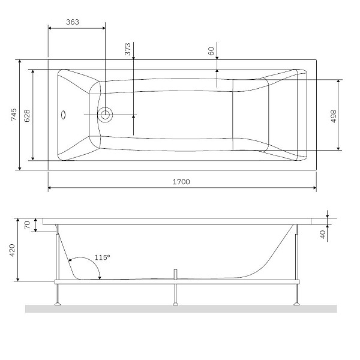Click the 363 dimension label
pyautogui.click(x=72, y=21)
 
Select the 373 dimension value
pyautogui.click(x=128, y=50)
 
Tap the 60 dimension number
pyautogui.click(x=211, y=51)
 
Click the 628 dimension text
pyautogui.click(x=26, y=114)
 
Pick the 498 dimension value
pyautogui.click(x=333, y=115)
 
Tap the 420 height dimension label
pyautogui.click(x=14, y=249)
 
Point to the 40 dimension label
pyautogui.click(x=322, y=234)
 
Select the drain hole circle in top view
pyautogui.click(x=106, y=114)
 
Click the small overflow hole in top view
pyautogui.click(x=64, y=114)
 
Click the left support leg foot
pyautogui.click(x=58, y=304)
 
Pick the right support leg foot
pyautogui.click(x=296, y=304)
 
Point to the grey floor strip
pyautogui.click(x=180, y=309)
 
